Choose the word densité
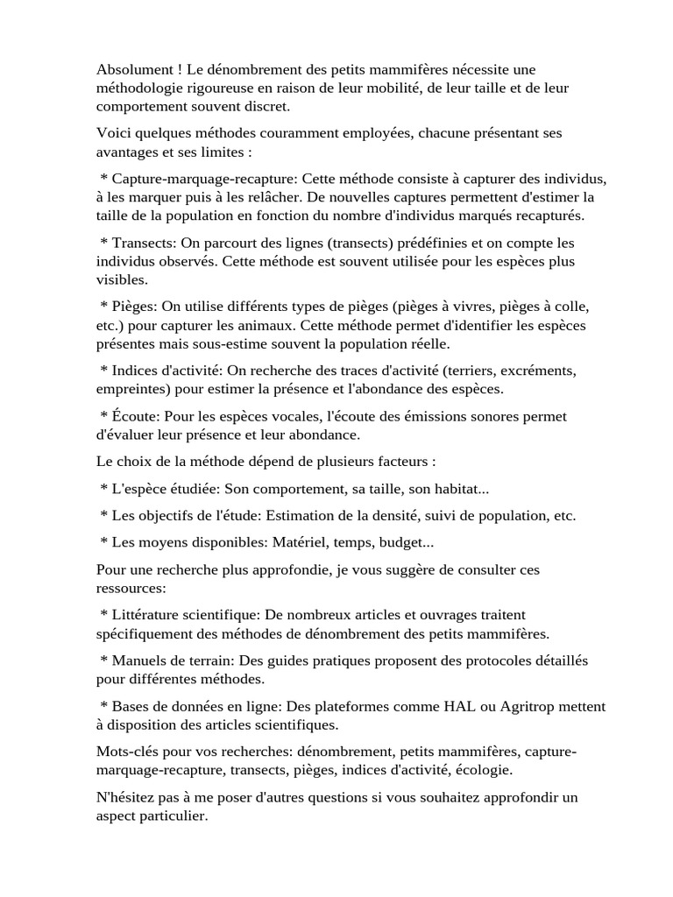pos(429,516)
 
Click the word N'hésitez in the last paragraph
pos(130,797)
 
